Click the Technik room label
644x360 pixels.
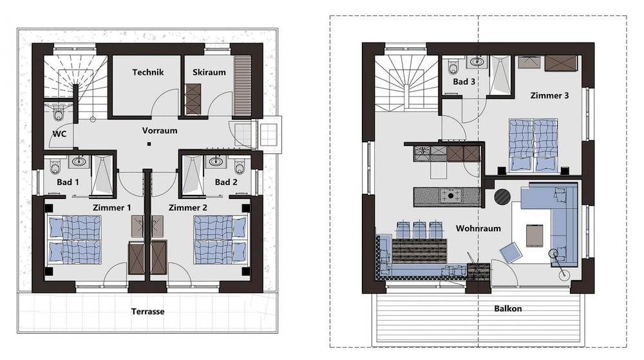[148, 72]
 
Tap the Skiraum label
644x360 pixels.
[209, 72]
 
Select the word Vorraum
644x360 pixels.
[160, 131]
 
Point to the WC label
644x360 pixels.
[59, 134]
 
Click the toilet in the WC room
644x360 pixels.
[59, 113]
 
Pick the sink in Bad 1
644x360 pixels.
[80, 161]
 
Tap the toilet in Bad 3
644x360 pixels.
[453, 67]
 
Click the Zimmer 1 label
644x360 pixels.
[111, 208]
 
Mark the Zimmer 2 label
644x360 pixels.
[188, 208]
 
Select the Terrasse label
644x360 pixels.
[148, 312]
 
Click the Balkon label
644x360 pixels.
[508, 308]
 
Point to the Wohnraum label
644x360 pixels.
[478, 228]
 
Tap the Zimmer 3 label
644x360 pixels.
[549, 96]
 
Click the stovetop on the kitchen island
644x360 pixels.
[451, 196]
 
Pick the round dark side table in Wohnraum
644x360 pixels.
[502, 196]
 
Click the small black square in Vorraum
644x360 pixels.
[149, 144]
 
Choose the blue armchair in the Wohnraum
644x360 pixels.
[511, 252]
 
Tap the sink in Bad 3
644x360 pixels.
[477, 62]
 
